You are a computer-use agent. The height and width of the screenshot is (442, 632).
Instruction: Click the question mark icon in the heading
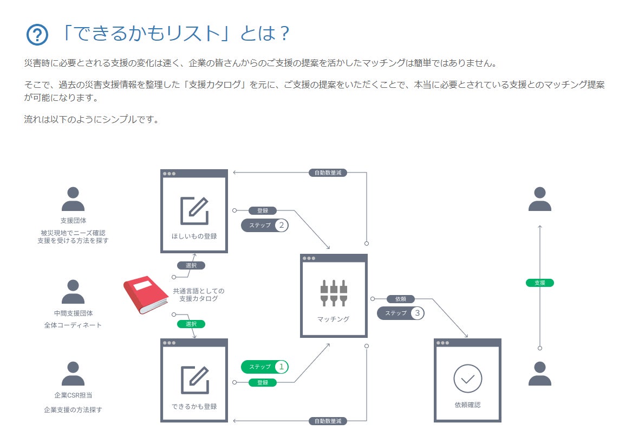click(x=37, y=35)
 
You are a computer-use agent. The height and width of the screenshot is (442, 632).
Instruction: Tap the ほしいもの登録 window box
click(x=194, y=211)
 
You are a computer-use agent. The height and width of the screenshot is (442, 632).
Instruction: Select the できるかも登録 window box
click(x=194, y=380)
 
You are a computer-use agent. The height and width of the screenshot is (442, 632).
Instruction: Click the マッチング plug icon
click(x=334, y=292)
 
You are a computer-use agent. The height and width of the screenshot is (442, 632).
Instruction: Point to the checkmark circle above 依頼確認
click(x=467, y=378)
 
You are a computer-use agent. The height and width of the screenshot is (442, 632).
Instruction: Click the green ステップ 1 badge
click(x=265, y=367)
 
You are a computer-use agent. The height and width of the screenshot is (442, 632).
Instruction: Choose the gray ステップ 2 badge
click(x=265, y=225)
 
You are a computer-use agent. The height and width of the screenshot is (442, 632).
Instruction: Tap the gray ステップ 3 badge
click(x=401, y=313)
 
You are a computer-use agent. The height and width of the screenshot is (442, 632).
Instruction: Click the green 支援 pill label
click(x=539, y=283)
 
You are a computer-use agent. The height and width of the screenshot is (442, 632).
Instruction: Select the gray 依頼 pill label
click(x=401, y=299)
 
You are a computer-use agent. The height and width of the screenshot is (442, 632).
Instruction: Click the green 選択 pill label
click(x=191, y=324)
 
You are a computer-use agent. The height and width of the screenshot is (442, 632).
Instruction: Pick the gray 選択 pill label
click(x=191, y=266)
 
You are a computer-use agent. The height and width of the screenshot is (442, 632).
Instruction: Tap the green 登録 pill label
click(x=263, y=382)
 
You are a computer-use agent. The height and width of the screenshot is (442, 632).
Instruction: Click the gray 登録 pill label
click(x=263, y=210)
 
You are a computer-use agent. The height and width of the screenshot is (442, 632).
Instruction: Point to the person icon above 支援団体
click(x=73, y=199)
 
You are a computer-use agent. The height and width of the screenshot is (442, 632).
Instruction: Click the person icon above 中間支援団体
click(x=73, y=292)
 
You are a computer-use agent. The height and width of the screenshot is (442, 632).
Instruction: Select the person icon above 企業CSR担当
click(x=73, y=374)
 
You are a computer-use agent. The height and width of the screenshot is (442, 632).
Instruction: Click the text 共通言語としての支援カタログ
click(x=198, y=295)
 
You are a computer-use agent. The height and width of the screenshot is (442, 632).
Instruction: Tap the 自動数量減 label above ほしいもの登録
click(x=328, y=172)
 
